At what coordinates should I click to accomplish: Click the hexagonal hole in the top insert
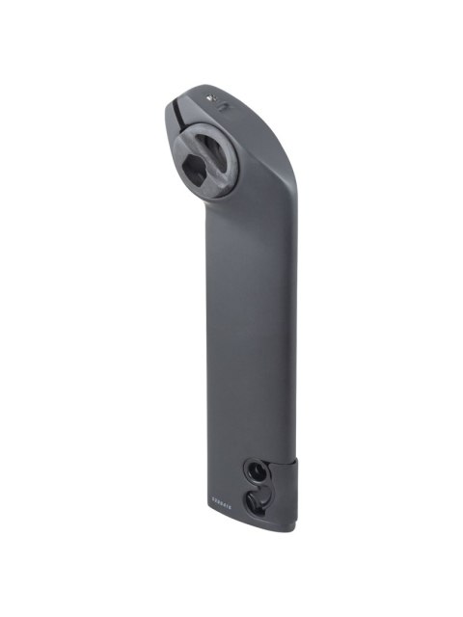click(197, 171)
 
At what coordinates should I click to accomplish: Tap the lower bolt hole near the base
click(257, 502)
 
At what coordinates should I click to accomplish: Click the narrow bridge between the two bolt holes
click(258, 487)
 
